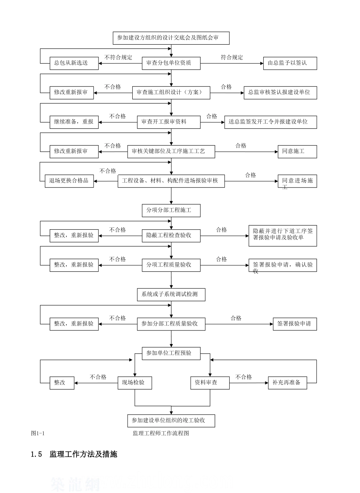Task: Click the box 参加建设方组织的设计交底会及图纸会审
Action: (x=171, y=38)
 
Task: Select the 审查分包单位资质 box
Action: (x=171, y=63)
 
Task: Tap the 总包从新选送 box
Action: (x=74, y=63)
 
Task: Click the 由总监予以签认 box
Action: (x=290, y=63)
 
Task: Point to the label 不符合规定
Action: (x=118, y=57)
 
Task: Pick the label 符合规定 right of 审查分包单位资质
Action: (x=232, y=57)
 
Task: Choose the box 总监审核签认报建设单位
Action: (x=280, y=92)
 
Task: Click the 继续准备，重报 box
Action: (x=74, y=122)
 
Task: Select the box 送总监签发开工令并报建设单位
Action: (x=270, y=122)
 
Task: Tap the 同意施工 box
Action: (x=297, y=151)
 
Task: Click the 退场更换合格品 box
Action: (x=69, y=181)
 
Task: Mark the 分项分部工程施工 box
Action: (x=171, y=210)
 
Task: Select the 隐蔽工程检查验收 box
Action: (x=171, y=235)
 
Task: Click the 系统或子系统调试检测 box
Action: (x=171, y=294)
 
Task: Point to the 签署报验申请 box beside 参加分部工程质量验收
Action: (x=294, y=324)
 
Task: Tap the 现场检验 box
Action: (x=135, y=383)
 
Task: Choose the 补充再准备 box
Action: (x=287, y=383)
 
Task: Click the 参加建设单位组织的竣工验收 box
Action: (x=171, y=420)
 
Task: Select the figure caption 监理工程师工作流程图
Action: (x=161, y=434)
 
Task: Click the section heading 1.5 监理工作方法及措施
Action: (x=74, y=454)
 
